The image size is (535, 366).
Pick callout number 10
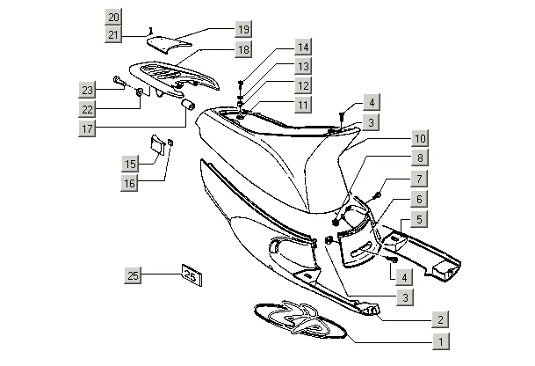[420, 139]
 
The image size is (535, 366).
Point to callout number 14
[302, 47]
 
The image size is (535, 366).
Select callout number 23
[87, 91]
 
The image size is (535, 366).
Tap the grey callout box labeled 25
[134, 276]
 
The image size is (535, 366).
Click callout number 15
[130, 165]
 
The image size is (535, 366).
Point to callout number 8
[420, 158]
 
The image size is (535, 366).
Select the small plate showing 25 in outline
[192, 275]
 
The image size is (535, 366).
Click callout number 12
[302, 85]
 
